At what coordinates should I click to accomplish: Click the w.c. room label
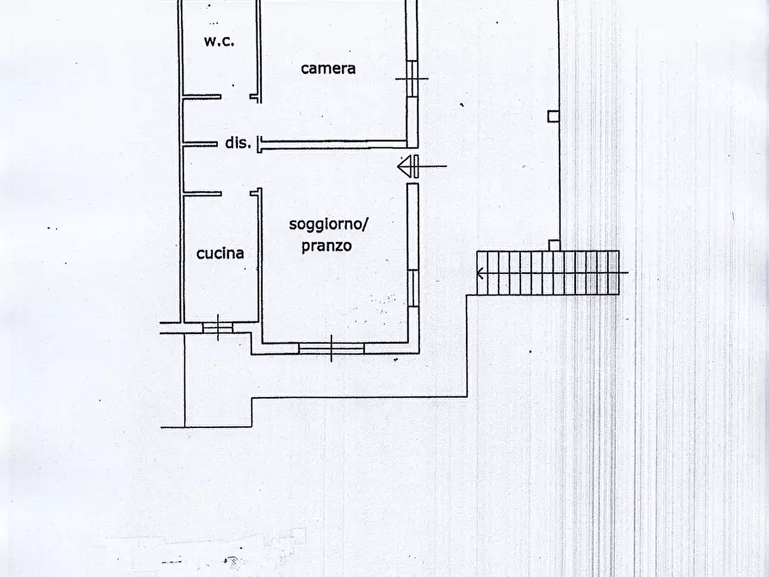(220, 41)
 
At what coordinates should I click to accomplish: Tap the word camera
(328, 68)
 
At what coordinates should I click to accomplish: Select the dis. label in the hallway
(238, 143)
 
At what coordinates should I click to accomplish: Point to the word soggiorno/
(328, 225)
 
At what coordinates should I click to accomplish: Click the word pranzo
(326, 245)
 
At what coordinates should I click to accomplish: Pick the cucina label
(220, 253)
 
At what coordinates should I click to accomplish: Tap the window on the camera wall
(412, 79)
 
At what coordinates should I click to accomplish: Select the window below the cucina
(217, 326)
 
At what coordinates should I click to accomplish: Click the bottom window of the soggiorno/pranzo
(331, 348)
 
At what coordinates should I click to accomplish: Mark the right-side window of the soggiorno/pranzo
(413, 288)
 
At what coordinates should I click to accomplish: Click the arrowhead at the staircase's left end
(479, 273)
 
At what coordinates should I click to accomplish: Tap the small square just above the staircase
(555, 245)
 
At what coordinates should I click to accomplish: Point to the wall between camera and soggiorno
(336, 144)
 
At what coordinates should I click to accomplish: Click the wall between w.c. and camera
(257, 47)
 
